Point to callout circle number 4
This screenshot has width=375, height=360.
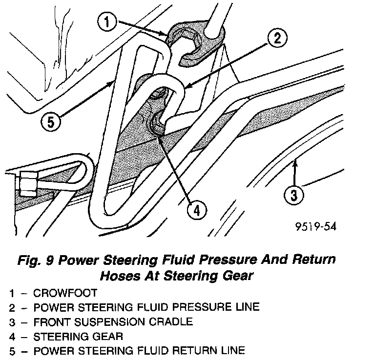(x=196, y=210)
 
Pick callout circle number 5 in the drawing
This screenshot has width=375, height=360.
(x=50, y=120)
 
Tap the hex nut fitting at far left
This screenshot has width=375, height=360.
(x=25, y=184)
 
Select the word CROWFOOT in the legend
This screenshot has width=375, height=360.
(x=66, y=293)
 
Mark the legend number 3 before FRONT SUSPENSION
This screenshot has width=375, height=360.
(x=11, y=322)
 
